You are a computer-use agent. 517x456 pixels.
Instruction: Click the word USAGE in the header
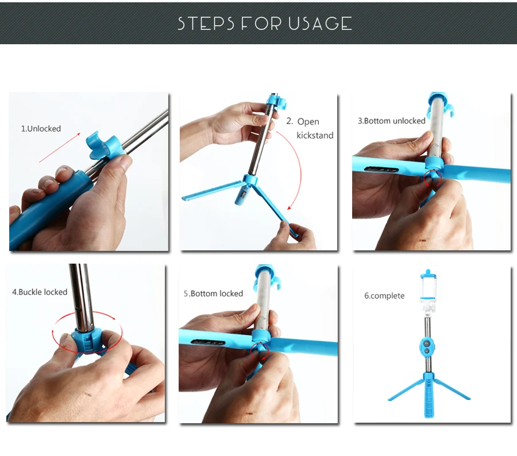(320, 24)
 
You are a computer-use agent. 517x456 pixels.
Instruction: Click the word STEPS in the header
(206, 24)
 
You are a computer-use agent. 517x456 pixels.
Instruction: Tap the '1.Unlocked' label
(41, 129)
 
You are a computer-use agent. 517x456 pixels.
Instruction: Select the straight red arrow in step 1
(60, 148)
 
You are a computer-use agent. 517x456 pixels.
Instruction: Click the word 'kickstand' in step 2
(315, 135)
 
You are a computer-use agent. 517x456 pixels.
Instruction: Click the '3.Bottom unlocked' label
(392, 121)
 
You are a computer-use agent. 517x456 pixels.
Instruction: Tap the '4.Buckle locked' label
(40, 292)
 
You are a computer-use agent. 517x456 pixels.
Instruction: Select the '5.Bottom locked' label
(213, 293)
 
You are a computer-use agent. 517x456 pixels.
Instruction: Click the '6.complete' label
(384, 296)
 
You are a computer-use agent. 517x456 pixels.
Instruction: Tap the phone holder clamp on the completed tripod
(429, 290)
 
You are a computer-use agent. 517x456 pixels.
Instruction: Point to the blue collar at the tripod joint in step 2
(250, 180)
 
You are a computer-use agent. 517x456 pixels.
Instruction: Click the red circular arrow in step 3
(432, 178)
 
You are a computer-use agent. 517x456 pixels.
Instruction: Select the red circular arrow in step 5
(259, 351)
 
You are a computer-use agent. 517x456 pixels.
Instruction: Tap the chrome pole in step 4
(82, 297)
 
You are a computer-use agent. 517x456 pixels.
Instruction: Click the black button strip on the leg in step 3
(381, 170)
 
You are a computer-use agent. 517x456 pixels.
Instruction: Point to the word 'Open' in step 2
(308, 122)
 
